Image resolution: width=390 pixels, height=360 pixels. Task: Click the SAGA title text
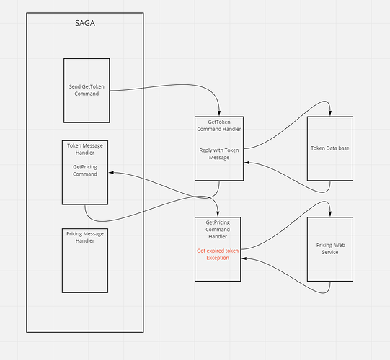85,23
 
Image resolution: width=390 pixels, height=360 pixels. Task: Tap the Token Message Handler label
85,149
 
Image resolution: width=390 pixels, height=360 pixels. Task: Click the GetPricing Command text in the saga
85,171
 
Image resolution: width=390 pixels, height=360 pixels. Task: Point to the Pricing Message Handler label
85,238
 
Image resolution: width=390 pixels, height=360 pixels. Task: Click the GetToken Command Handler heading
219,125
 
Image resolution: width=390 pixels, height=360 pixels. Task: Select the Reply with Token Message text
219,154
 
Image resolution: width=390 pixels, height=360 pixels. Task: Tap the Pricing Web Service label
330,248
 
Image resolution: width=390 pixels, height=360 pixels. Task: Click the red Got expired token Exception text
218,254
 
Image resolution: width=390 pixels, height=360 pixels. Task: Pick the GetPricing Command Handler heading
218,229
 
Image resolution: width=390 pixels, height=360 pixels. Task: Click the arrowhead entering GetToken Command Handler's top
219,114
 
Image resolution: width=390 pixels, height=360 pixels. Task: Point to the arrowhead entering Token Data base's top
330,114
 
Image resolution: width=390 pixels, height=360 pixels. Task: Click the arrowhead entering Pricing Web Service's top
330,214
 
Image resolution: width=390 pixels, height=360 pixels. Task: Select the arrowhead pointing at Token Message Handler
111,172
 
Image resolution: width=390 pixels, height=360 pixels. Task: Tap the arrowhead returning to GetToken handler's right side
247,163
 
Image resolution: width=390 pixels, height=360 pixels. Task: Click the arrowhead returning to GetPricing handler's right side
244,258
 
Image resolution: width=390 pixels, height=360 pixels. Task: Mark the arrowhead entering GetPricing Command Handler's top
218,214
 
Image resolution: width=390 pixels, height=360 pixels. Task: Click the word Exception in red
218,258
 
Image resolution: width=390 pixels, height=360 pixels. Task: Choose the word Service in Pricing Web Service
330,252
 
